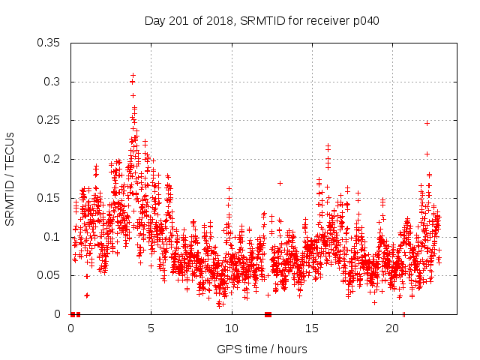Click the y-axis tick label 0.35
pos(49,43)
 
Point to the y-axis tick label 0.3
pos(52,82)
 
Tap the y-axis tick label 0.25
pos(49,120)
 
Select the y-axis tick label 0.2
pos(52,159)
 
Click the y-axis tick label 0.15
pos(49,198)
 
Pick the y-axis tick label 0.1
pos(52,236)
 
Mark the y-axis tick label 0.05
pos(49,275)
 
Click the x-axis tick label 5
pos(151,328)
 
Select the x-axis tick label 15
pos(311,328)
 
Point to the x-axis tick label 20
pos(391,328)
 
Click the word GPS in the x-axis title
pos(228,349)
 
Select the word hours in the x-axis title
pos(292,349)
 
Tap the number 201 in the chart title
pos(175,20)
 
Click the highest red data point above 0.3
pos(133,76)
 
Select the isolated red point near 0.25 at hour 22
pos(427,123)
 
